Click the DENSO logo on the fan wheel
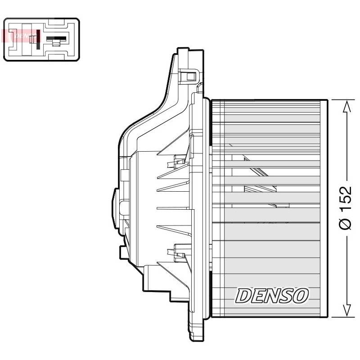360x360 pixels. coord(272,296)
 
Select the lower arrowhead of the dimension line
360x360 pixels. coord(347,310)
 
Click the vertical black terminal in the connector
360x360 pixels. coord(38,39)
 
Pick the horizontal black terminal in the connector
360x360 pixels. coord(56,39)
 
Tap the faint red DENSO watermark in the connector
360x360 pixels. coord(20,36)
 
